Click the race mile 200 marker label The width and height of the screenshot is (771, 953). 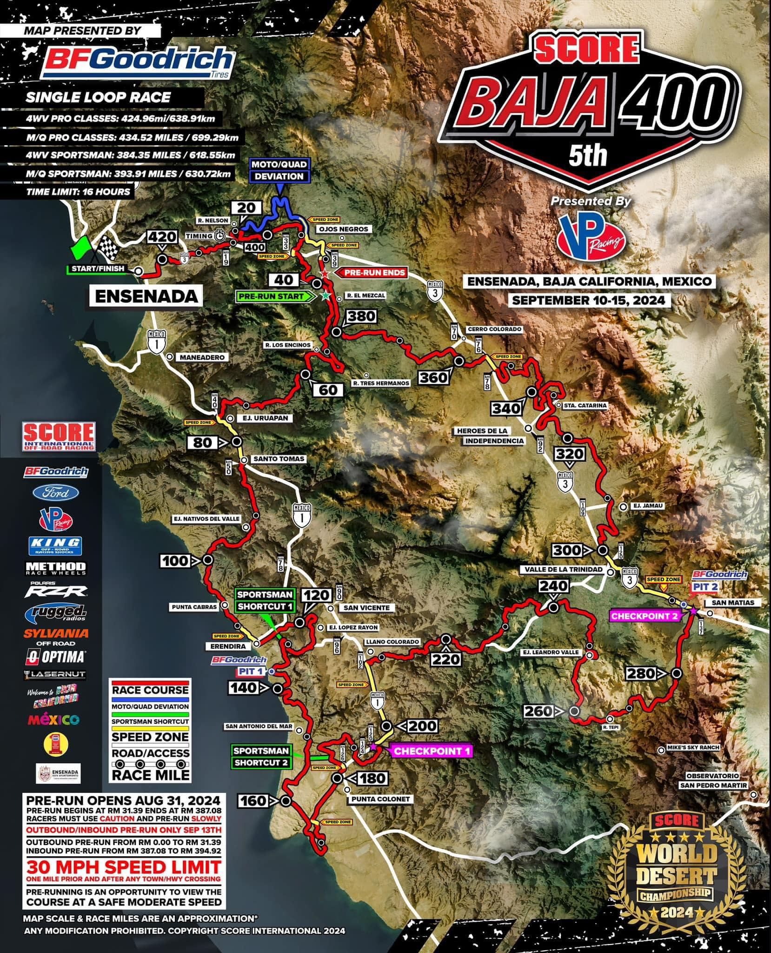[424, 725]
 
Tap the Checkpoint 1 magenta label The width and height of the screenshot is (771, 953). [432, 751]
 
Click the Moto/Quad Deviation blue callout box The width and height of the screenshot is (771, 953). [279, 170]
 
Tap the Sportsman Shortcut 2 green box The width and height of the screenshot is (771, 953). [261, 757]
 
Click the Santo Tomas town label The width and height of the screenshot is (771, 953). [278, 459]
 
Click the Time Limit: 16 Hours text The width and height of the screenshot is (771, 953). [79, 192]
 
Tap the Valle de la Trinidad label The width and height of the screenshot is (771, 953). [563, 569]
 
